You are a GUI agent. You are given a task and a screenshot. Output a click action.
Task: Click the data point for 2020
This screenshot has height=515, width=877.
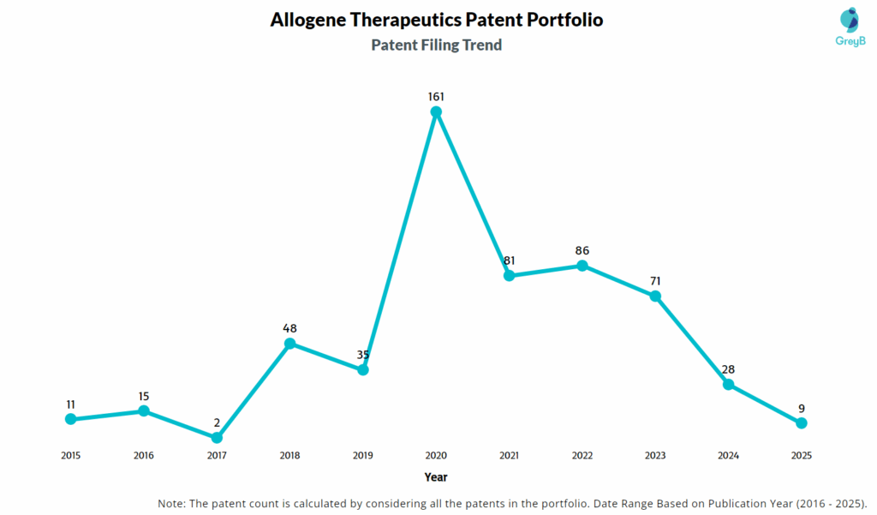(x=436, y=111)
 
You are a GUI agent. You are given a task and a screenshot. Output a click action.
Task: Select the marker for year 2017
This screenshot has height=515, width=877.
(x=217, y=438)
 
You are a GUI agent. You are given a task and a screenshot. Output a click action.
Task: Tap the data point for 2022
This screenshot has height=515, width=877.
(x=582, y=266)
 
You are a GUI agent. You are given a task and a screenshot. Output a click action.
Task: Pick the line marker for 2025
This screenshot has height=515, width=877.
(x=802, y=422)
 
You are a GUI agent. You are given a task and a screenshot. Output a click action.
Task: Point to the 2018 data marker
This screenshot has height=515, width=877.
(x=289, y=344)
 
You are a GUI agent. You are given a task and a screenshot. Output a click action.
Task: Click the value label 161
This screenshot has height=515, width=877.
(x=436, y=97)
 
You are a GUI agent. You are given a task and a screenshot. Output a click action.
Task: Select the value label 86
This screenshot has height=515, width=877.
(x=582, y=250)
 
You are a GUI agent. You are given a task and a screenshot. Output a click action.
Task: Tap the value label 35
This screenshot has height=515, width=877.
(x=362, y=355)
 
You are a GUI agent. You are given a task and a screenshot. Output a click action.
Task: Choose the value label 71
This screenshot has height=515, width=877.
(x=655, y=281)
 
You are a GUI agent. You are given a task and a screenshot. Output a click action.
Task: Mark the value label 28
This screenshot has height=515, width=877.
(x=728, y=369)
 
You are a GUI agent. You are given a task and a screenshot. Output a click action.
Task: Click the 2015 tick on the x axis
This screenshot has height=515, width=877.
(x=70, y=455)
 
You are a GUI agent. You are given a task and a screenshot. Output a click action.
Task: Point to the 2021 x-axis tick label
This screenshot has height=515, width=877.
(x=509, y=455)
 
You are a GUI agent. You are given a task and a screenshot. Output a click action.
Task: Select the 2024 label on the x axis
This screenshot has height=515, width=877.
(x=728, y=455)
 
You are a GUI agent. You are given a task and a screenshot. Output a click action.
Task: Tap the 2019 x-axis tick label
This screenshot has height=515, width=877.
(x=362, y=455)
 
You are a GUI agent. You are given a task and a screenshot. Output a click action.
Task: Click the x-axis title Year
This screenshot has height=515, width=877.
(x=435, y=476)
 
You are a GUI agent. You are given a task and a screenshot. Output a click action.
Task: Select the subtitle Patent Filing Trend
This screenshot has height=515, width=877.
(x=436, y=45)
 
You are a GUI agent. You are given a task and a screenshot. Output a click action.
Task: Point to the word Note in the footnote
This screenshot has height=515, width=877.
(x=173, y=502)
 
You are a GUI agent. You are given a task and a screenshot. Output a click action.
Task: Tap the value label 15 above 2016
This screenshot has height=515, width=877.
(x=143, y=396)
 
